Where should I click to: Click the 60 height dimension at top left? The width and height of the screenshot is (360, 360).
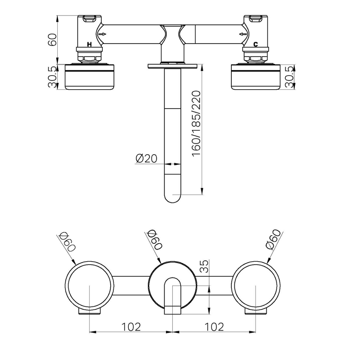click(52, 39)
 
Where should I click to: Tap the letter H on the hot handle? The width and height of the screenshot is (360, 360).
click(89, 45)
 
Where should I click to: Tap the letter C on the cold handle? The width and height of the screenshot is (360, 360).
click(256, 44)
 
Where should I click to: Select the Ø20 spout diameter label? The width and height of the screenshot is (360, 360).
click(146, 159)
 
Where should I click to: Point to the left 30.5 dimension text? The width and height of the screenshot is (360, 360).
click(52, 77)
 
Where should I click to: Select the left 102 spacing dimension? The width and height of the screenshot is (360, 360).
click(131, 327)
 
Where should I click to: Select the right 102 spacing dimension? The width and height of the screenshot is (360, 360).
click(214, 327)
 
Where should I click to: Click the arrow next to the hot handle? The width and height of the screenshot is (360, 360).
click(102, 34)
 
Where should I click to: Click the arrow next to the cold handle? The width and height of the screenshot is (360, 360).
click(243, 34)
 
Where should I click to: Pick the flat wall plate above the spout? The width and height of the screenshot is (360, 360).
click(173, 66)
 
